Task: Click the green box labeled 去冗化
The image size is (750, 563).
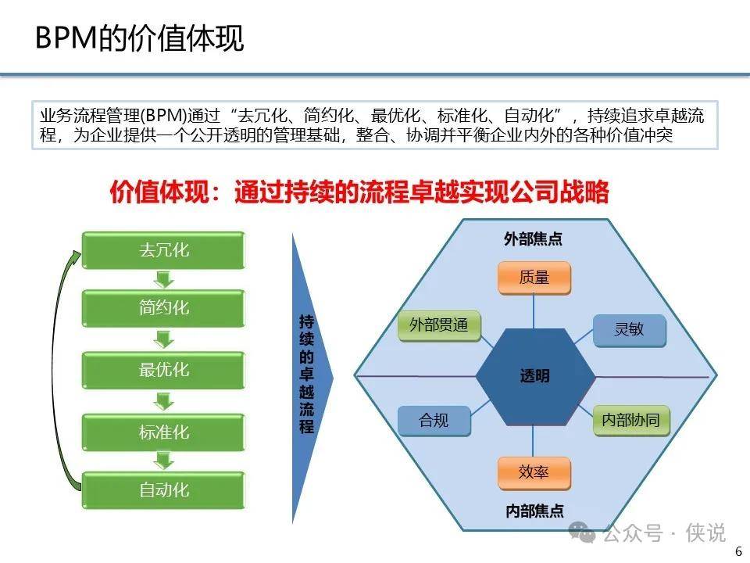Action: (x=163, y=250)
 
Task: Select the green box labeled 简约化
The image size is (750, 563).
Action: (x=163, y=308)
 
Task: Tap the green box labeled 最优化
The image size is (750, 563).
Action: (x=163, y=370)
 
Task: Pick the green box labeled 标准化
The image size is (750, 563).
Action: (x=163, y=432)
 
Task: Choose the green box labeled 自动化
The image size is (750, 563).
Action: (x=163, y=490)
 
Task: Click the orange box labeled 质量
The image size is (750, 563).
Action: (x=534, y=278)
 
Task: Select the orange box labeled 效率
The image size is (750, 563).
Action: (x=534, y=473)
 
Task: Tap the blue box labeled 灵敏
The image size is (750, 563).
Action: (x=630, y=330)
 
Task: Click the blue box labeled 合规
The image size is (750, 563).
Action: (x=434, y=421)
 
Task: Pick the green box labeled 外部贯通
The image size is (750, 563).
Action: (x=439, y=326)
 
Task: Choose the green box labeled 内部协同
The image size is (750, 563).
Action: (x=631, y=421)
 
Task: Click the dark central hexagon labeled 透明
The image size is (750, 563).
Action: (x=535, y=376)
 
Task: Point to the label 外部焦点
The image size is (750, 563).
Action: (x=533, y=239)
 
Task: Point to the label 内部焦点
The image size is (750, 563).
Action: (x=534, y=511)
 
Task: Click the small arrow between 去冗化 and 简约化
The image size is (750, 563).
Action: (x=163, y=280)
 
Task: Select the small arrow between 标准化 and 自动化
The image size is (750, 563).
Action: (x=163, y=461)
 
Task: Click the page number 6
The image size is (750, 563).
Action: (x=738, y=551)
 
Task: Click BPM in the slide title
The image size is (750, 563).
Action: (x=66, y=38)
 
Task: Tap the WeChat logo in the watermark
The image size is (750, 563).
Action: (x=581, y=532)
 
